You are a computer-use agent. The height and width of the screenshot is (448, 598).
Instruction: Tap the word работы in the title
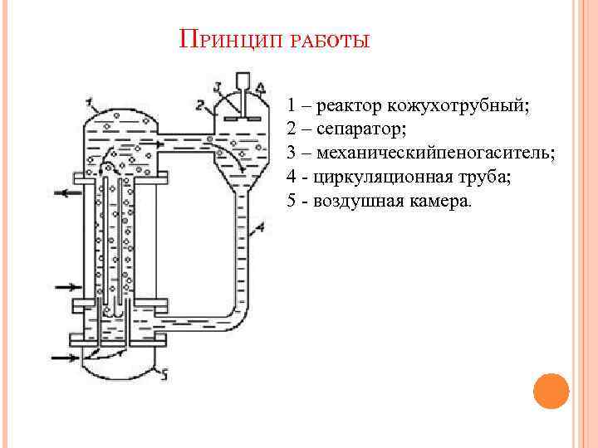click(x=330, y=42)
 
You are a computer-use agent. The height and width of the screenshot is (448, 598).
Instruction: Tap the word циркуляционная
click(x=376, y=178)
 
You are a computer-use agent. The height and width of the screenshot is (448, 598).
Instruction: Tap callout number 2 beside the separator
click(x=200, y=105)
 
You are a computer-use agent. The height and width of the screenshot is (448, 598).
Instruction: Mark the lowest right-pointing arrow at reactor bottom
click(x=63, y=358)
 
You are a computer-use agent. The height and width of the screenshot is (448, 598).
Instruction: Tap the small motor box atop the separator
click(x=243, y=83)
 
